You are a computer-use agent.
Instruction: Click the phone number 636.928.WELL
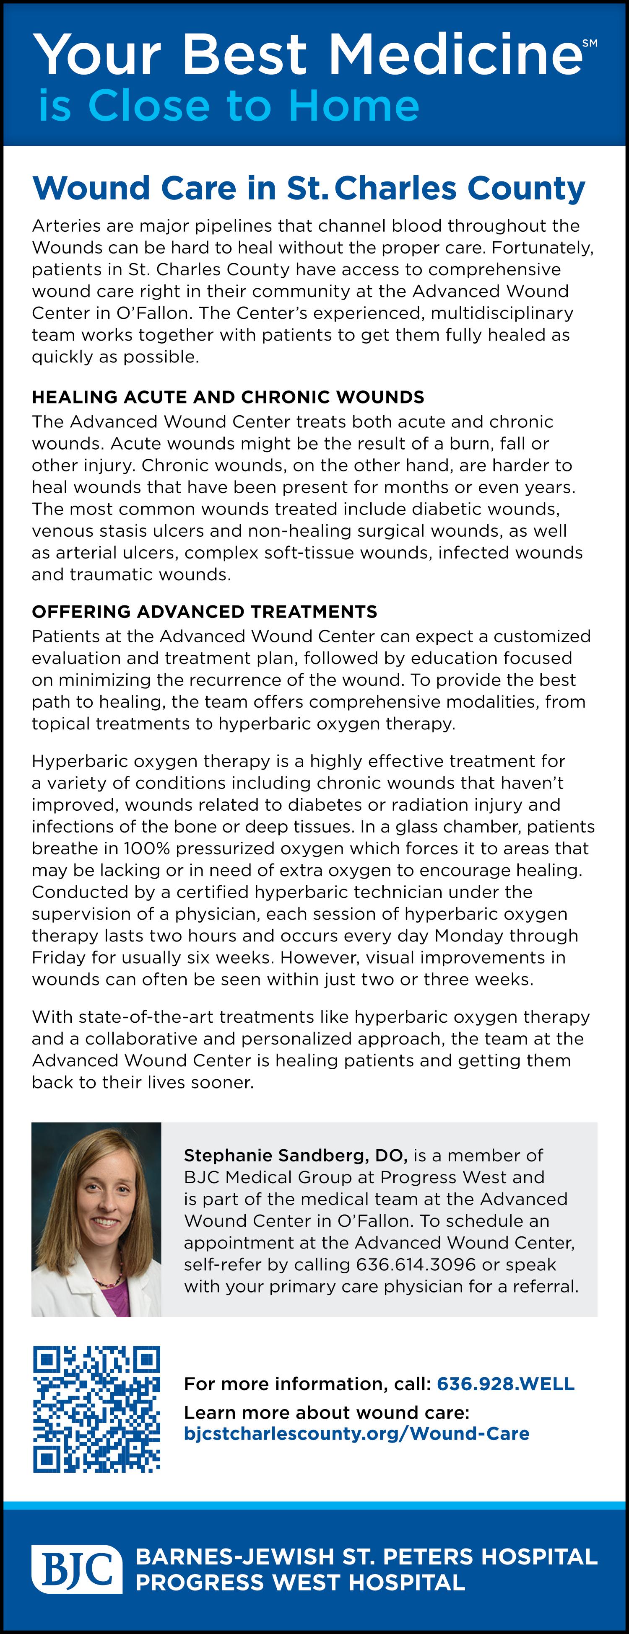[x=505, y=1383]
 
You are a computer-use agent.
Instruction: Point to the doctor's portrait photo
[x=96, y=1219]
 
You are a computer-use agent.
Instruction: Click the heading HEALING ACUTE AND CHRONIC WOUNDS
[x=228, y=397]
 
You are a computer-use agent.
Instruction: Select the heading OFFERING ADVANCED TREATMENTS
[x=204, y=611]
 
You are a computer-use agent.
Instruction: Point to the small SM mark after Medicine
[x=590, y=43]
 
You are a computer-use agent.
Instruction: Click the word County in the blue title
[x=525, y=189]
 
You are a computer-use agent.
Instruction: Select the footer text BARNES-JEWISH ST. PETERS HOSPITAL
[x=366, y=1556]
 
